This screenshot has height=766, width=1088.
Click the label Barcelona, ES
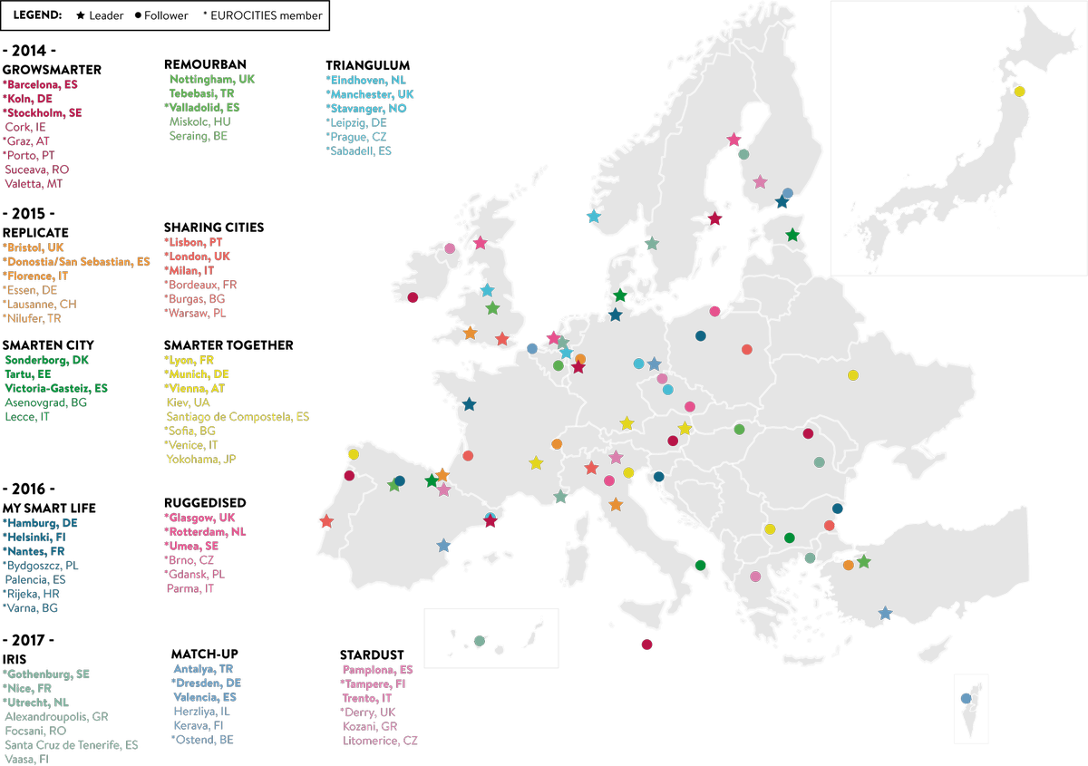43,83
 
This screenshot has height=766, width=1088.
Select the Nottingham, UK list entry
213,79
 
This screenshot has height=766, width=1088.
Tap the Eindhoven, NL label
367,80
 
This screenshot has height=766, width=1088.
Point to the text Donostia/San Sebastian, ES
78,261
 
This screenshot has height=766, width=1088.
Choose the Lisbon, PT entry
195,242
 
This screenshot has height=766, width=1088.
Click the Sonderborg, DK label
47,360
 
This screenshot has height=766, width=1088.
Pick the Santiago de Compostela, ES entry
238,416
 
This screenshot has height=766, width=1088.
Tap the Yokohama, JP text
201,459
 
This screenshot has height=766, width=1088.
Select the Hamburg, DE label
42,523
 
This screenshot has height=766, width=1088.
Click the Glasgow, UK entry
200,517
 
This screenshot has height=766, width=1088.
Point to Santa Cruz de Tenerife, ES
72,745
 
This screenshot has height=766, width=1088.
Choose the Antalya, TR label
203,669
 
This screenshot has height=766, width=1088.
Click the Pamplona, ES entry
378,669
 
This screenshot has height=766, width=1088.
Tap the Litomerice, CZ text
380,741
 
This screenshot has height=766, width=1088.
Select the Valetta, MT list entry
34,183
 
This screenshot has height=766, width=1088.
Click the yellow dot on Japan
1019,91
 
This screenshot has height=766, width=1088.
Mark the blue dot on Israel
967,698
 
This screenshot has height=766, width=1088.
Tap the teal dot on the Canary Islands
479,641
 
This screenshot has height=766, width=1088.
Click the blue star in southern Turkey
885,614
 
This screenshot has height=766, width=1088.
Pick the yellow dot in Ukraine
852,374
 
